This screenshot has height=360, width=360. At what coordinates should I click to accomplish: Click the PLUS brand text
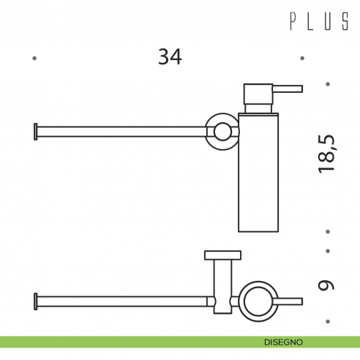(x=319, y=23)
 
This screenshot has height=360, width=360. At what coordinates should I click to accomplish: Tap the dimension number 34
(x=170, y=56)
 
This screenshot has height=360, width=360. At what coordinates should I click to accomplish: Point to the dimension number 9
(x=326, y=283)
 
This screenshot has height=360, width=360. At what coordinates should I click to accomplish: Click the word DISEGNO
(x=284, y=342)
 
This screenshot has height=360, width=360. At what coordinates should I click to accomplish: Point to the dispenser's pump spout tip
(x=299, y=89)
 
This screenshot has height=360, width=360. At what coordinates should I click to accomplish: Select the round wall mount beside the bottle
(x=220, y=131)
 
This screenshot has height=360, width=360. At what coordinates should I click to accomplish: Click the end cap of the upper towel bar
(x=35, y=132)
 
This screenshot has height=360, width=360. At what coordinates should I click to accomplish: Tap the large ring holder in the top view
(x=259, y=300)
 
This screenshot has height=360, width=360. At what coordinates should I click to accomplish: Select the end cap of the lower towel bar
(x=35, y=300)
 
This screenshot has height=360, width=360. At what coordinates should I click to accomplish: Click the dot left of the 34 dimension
(x=35, y=58)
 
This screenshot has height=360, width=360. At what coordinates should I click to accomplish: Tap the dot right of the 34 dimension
(x=302, y=58)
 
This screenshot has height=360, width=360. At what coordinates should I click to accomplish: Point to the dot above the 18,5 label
(x=328, y=83)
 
